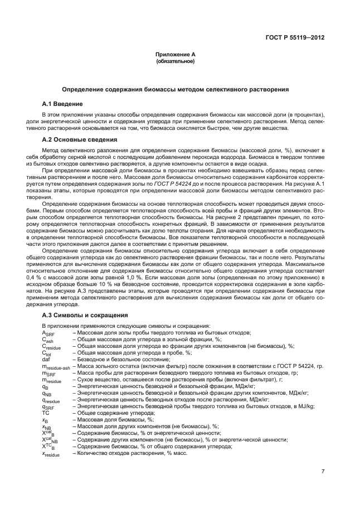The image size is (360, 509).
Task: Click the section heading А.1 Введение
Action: [x=62, y=104]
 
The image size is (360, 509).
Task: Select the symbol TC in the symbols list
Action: [x=46, y=413]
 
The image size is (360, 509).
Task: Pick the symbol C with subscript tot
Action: [x=47, y=353]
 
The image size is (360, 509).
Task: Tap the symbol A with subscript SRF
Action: [x=48, y=333]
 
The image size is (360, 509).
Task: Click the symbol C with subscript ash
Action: [x=48, y=340]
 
